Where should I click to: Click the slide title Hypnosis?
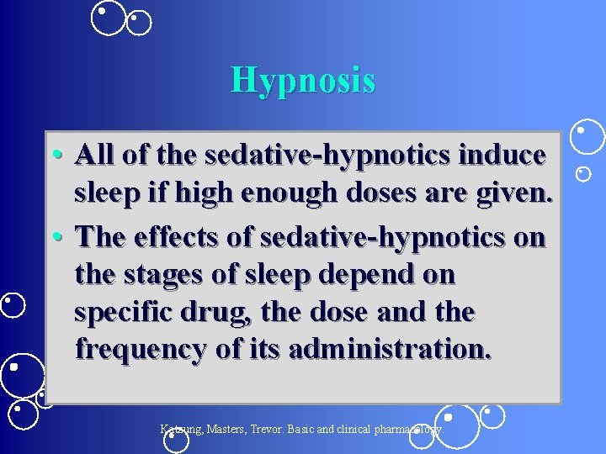click(x=303, y=80)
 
